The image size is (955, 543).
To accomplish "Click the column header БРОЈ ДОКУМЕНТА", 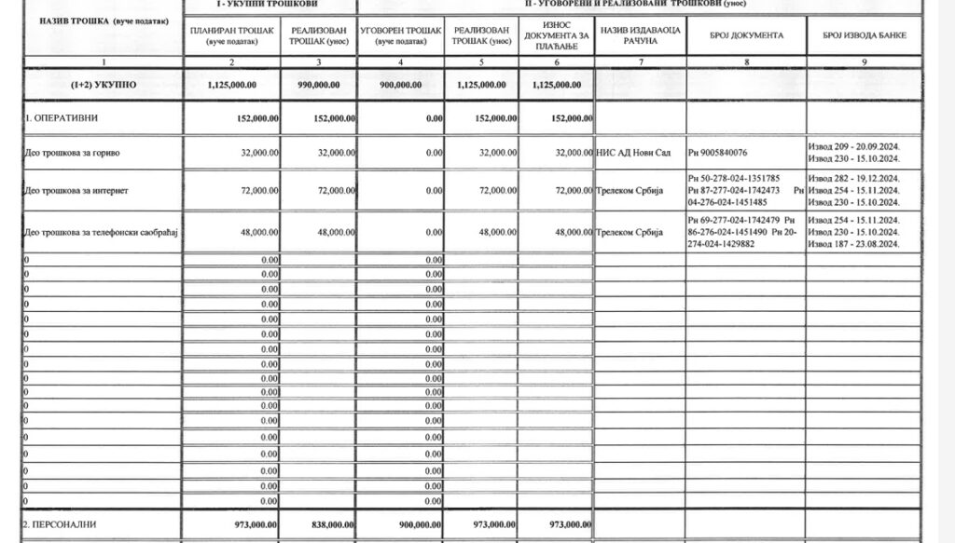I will click(746, 35).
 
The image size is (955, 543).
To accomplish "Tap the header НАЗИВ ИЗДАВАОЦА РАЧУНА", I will click(640, 35).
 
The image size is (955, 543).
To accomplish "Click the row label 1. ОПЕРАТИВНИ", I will click(62, 118).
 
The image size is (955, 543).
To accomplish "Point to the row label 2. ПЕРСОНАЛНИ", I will click(60, 524).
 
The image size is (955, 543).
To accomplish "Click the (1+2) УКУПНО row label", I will click(104, 84).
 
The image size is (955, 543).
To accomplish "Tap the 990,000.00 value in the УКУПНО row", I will click(318, 84).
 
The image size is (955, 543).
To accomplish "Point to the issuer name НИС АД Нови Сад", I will click(633, 152).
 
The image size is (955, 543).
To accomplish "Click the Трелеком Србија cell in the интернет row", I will click(628, 190).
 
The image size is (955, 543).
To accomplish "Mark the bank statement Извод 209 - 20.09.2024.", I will click(853, 146).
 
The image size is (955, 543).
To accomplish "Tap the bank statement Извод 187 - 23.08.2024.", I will click(853, 243).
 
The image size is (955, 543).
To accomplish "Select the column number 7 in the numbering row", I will click(640, 61).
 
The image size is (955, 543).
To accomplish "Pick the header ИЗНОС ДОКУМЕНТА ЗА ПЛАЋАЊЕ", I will click(557, 35).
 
